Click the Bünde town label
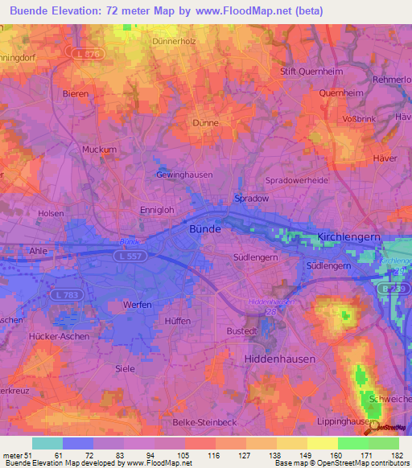[204, 228]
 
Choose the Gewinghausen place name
[184, 174]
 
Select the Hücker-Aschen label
[59, 336]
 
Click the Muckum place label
[100, 150]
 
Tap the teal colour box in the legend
[47, 443]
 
